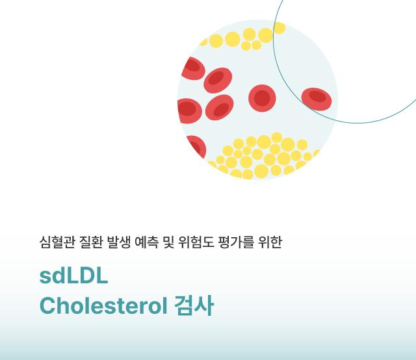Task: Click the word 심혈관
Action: (57, 242)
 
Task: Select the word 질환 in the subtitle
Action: (91, 242)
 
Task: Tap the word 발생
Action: (118, 242)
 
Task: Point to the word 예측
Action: (146, 242)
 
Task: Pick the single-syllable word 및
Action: (168, 242)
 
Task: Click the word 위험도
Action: (196, 242)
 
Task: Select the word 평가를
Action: (236, 242)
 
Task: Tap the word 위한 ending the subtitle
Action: (270, 242)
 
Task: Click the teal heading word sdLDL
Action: (73, 276)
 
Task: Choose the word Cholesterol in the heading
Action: (103, 305)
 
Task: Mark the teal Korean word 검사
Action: (194, 305)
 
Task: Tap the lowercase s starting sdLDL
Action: (45, 277)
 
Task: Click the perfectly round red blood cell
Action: (262, 98)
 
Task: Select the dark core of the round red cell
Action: (262, 98)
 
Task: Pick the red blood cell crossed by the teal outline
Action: (317, 99)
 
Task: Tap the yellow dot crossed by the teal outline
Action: (279, 28)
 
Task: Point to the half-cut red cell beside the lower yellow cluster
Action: (198, 146)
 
